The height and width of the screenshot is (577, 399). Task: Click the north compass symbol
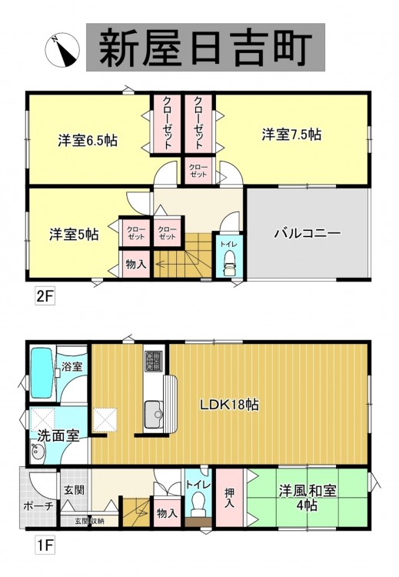click(62, 50)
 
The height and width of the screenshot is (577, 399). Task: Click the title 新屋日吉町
click(205, 48)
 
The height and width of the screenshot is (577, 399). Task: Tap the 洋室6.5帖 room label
click(88, 140)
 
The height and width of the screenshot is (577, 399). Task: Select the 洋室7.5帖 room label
click(291, 135)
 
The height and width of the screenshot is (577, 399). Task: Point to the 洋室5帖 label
click(74, 234)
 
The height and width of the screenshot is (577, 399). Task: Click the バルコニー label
click(308, 233)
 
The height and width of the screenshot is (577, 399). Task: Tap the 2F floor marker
click(45, 297)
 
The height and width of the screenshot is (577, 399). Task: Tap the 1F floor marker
click(45, 545)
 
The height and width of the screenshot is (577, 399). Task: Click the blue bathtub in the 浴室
click(43, 373)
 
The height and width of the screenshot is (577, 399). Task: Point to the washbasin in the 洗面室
click(38, 452)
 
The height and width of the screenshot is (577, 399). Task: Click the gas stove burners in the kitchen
click(154, 361)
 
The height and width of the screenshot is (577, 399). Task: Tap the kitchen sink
click(154, 414)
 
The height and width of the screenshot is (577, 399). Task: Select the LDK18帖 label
click(229, 405)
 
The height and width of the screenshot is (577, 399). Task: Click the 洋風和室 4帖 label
click(308, 498)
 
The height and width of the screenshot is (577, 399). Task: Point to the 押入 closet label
click(229, 498)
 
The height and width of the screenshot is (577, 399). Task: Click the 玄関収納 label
click(89, 521)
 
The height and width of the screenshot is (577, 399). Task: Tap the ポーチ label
click(38, 506)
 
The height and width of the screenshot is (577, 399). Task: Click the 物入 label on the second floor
click(136, 263)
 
